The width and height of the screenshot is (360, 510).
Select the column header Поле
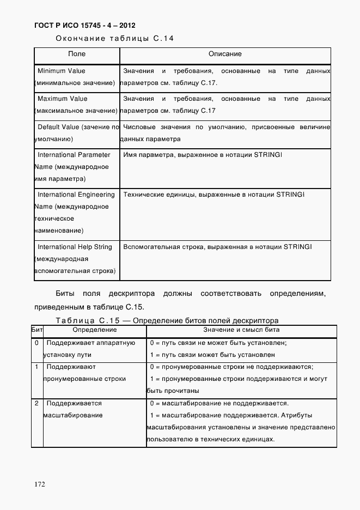[77, 54]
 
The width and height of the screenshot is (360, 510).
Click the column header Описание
[225, 54]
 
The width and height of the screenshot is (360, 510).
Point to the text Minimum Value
[62, 71]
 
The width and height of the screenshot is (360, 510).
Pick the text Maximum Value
[62, 99]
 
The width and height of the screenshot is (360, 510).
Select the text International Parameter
[74, 155]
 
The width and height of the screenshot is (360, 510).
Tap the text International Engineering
[76, 195]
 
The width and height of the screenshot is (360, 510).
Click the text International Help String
[75, 247]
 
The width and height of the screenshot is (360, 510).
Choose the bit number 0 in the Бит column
[36, 343]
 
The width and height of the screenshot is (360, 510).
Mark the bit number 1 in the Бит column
[36, 367]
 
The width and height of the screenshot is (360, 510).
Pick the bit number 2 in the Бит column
[36, 404]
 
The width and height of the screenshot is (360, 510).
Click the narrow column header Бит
[36, 330]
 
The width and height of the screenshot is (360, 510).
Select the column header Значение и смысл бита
[242, 330]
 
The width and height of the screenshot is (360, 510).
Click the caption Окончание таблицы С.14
[115, 38]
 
